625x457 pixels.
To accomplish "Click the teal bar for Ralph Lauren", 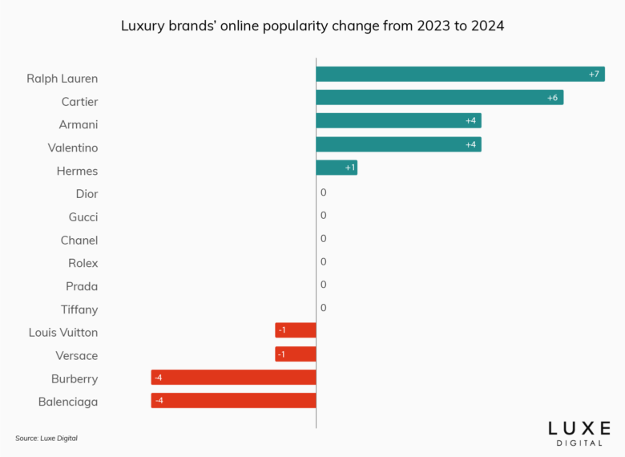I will pos(460,74).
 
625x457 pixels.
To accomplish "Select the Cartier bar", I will pos(439,97).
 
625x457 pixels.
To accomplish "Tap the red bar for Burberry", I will pos(233,377).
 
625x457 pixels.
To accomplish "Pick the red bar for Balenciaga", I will pos(233,400).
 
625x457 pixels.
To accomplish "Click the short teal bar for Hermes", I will pos(337,168).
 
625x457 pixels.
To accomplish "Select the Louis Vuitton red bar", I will pos(296,330).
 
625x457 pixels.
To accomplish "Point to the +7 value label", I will pos(594,75).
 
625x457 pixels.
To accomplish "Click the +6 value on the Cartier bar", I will pos(552,98).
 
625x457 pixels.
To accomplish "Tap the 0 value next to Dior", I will pos(323,192).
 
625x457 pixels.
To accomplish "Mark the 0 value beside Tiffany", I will pos(323,308).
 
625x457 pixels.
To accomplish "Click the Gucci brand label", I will pos(83,216).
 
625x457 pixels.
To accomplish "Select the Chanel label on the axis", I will pos(79,240).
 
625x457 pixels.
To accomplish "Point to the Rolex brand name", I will pos(83,263).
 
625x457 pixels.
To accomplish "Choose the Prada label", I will pos(82,286).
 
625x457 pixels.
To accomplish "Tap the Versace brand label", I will pos(77,355).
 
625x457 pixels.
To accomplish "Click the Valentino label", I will pos(73,148).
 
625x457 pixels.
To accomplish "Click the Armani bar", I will pos(398,120).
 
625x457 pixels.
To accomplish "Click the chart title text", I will pos(312,26).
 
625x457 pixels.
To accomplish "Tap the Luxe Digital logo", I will pos(579,432).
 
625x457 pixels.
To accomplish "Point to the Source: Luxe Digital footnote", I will pos(46,438).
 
